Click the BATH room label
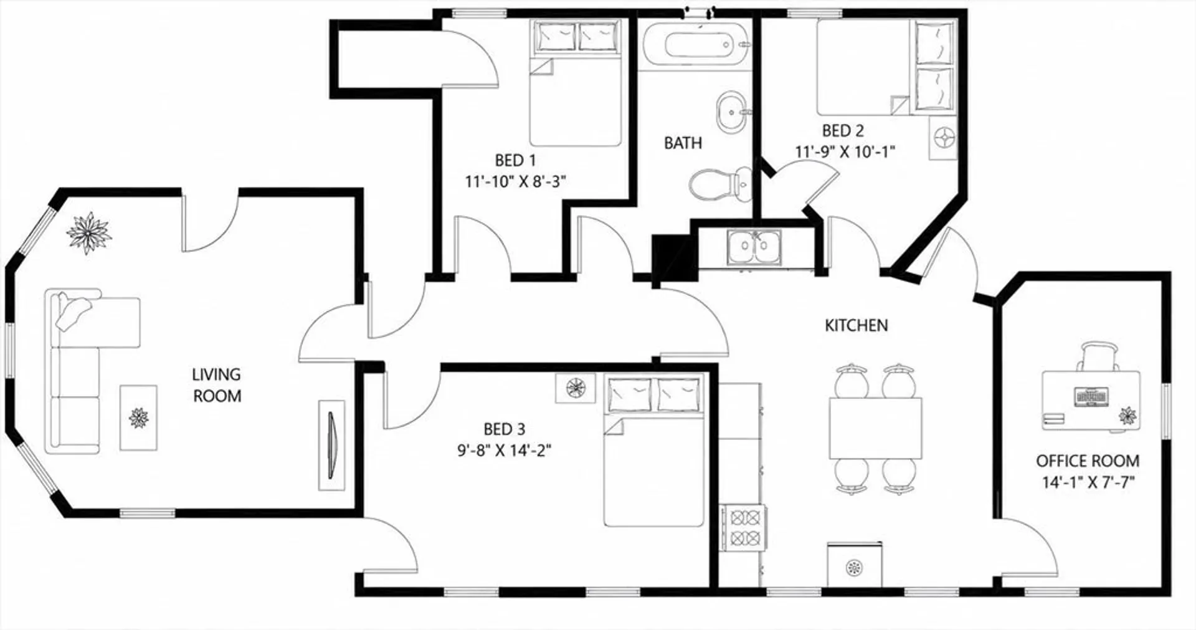683,143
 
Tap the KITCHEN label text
856,325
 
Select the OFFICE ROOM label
1088,461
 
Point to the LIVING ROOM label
217,385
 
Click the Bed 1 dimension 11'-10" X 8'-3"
515,181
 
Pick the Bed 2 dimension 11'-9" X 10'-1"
845,151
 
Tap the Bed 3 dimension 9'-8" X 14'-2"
505,450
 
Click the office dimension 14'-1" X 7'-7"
1088,482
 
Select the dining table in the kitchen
875,428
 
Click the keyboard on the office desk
1091,396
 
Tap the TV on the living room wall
331,444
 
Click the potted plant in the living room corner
89,233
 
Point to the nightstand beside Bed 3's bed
576,388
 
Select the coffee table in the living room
138,418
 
